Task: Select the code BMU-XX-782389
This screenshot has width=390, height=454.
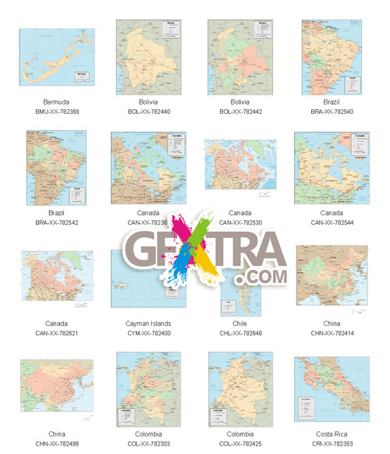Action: (x=57, y=112)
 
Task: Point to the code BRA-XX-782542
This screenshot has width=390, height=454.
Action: (x=57, y=222)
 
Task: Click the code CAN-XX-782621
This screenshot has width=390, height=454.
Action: (x=57, y=333)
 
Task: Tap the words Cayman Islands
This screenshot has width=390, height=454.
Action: (x=148, y=323)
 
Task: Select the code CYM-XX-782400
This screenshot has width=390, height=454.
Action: (x=148, y=333)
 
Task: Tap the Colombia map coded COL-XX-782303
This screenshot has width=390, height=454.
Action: (x=148, y=388)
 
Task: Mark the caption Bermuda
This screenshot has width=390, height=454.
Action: (x=57, y=102)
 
